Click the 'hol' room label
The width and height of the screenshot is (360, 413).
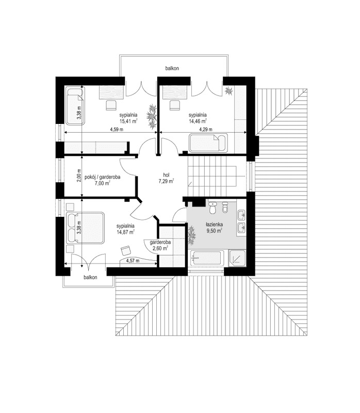click(x=166, y=174)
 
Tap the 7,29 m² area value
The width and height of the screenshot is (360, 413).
click(x=166, y=181)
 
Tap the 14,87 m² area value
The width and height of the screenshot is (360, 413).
click(x=125, y=232)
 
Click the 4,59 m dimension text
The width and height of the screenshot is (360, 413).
click(x=116, y=130)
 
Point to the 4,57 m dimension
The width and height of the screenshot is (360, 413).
click(x=133, y=261)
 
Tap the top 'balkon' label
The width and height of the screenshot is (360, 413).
click(x=172, y=68)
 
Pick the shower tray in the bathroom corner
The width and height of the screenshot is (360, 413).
click(x=237, y=257)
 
